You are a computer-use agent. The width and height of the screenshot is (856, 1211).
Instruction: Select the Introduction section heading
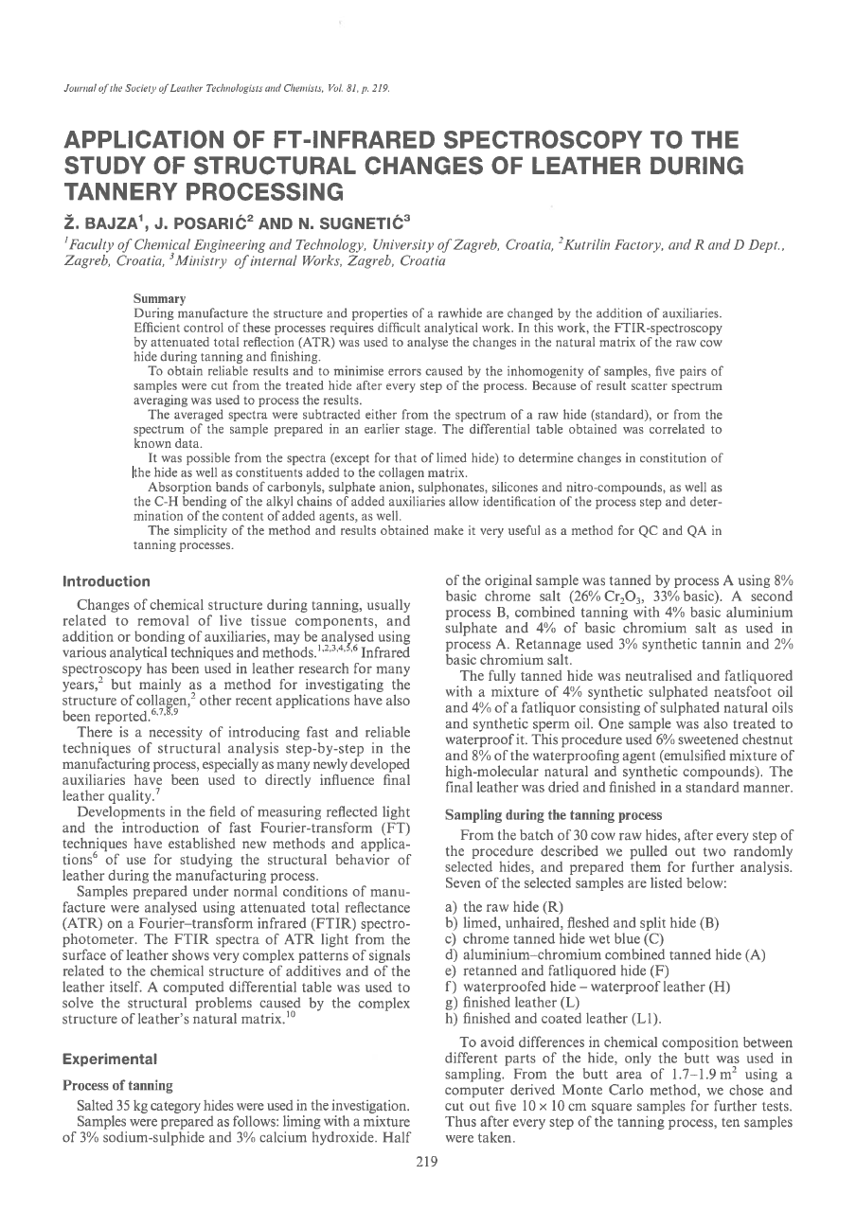[106, 581]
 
